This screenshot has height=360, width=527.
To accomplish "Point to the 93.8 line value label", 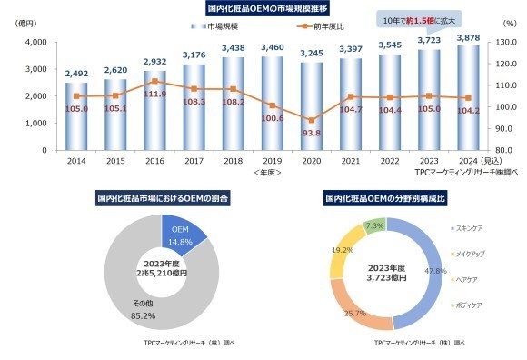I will (311, 133).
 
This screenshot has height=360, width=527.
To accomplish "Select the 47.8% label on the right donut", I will (436, 270).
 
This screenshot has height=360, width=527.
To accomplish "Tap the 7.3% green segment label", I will (374, 225).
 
